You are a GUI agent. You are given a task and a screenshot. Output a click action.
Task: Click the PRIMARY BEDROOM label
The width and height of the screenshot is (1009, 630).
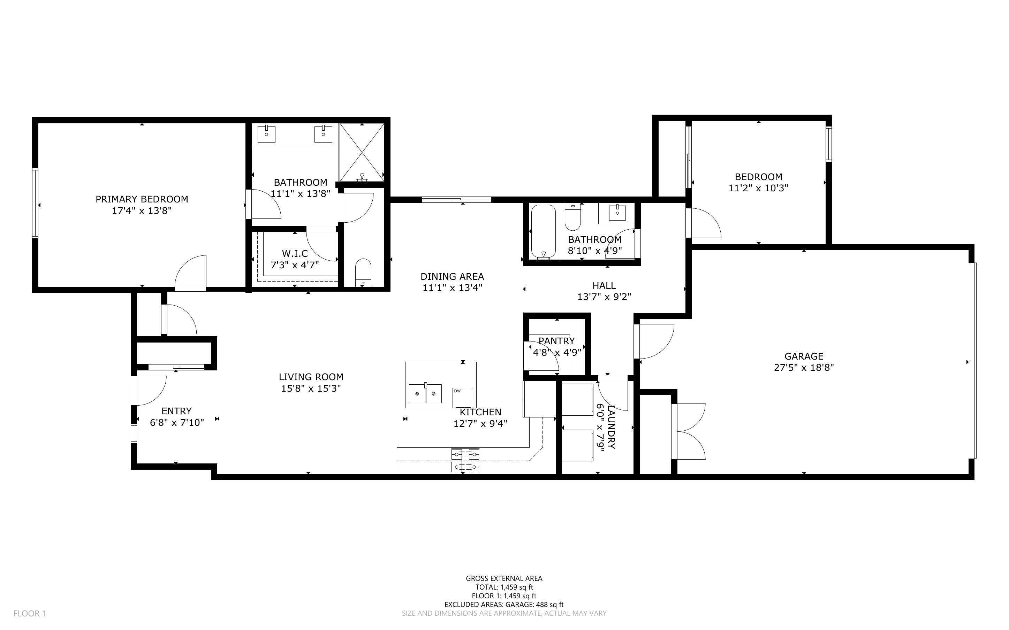tap(142, 199)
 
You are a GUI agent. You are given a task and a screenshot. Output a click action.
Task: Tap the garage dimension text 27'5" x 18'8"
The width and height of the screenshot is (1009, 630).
tap(804, 368)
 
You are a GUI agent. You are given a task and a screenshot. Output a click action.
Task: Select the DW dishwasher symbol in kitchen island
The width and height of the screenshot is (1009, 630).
tap(463, 398)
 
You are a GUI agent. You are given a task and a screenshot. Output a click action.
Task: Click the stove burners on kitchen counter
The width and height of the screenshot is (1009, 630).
tap(465, 460)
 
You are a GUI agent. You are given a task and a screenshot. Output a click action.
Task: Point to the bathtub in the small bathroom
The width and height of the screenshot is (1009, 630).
tap(543, 232)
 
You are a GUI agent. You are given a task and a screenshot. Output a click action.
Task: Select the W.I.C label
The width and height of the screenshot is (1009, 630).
tap(295, 253)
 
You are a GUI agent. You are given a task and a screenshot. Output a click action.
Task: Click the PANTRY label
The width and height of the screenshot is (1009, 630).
tap(556, 341)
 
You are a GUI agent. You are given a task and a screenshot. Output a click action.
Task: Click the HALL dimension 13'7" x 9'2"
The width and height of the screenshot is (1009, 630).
tap(604, 297)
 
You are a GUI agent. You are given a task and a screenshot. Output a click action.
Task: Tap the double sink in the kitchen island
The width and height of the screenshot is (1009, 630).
tap(425, 394)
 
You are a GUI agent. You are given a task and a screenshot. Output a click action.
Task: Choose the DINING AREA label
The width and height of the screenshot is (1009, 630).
tap(452, 276)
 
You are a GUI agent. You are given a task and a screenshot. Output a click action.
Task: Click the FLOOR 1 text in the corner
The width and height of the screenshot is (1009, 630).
tap(30, 613)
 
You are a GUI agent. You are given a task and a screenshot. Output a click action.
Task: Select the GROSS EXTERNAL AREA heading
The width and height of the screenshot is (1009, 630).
tap(504, 578)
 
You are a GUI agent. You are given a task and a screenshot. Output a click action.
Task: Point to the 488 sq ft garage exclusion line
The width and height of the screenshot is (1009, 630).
tap(504, 605)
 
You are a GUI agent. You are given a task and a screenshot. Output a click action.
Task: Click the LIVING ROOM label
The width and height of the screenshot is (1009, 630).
tap(311, 377)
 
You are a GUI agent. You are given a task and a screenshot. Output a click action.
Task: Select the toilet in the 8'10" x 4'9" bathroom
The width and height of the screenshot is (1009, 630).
tap(572, 217)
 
